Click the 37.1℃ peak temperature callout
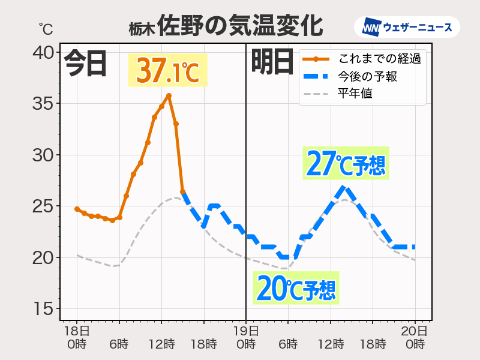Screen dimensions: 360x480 click(167, 70)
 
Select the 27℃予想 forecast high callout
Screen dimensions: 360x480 click(345, 163)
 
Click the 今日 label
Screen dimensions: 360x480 click(85, 63)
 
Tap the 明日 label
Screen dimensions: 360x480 click(272, 63)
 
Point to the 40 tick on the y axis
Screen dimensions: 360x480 click(43, 53)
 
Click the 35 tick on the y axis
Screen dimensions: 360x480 click(43, 104)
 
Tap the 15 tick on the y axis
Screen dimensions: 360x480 click(43, 309)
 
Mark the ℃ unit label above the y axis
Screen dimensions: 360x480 click(46, 28)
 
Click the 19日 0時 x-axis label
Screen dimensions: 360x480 click(246, 337)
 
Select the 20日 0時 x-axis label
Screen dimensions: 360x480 click(415, 337)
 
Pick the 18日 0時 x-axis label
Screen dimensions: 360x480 click(77, 337)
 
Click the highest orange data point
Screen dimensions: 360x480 click(169, 95)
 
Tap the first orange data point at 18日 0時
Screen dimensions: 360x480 click(77, 209)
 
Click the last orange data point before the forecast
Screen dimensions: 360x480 click(182, 191)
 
